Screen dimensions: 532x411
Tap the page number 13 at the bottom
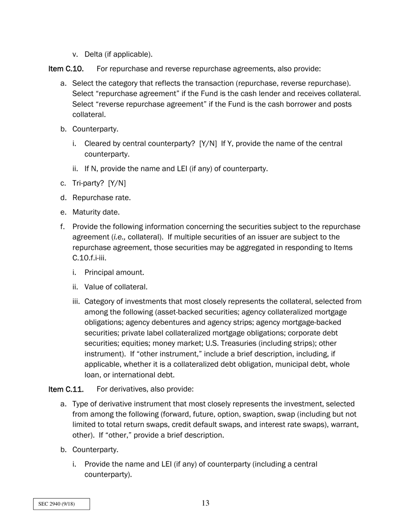click(205, 503)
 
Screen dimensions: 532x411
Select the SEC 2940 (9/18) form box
click(61, 504)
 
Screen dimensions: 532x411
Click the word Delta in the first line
click(93, 54)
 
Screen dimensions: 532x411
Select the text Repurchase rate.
click(101, 198)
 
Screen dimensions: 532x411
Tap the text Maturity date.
click(96, 212)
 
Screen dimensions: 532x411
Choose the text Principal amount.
click(114, 272)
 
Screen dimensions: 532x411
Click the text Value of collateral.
click(116, 287)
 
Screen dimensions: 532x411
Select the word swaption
click(254, 414)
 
